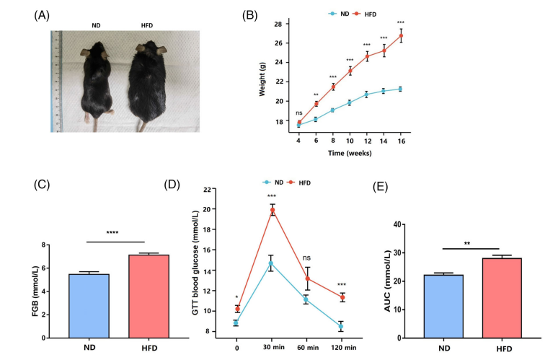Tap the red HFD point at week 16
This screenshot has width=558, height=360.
[x=400, y=35]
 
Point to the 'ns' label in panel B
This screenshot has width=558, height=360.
[x=298, y=112]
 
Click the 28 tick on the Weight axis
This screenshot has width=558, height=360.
[x=280, y=24]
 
